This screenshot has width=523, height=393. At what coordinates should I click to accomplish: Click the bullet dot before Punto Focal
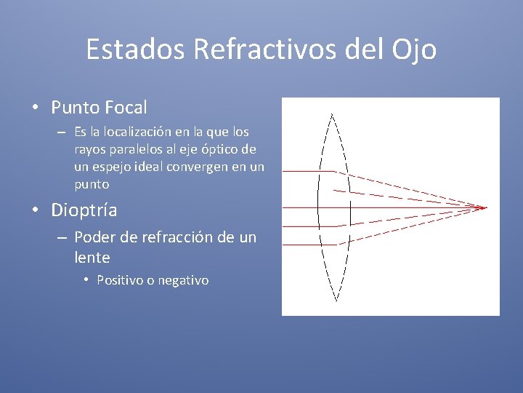point(35,108)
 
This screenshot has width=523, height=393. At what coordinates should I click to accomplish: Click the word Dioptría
point(84,211)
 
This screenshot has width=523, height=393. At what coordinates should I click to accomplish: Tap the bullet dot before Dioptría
point(35,212)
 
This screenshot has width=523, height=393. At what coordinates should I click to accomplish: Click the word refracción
point(182,237)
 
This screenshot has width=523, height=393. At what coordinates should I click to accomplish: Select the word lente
point(92,257)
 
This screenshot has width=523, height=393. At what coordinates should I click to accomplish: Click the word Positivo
point(121,280)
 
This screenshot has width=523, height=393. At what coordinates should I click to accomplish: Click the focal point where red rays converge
point(485,207)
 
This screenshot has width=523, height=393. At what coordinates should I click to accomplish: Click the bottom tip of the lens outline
point(336,300)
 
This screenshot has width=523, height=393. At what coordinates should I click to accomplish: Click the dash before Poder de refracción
point(62,238)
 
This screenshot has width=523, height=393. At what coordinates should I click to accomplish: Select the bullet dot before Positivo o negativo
point(86,280)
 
